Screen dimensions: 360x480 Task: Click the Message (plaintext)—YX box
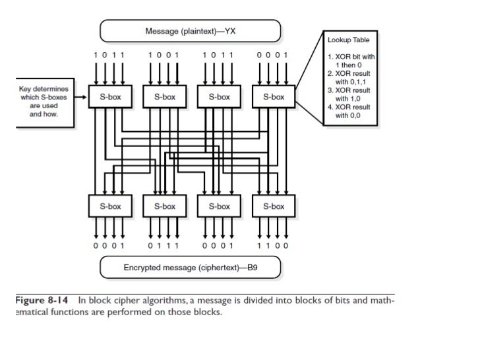tap(191, 31)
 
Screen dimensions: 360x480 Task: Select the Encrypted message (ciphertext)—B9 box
tap(191, 268)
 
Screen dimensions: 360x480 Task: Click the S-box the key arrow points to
tap(110, 97)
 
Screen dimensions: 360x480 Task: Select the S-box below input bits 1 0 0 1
tap(164, 97)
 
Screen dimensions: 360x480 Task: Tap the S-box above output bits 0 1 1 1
tap(164, 206)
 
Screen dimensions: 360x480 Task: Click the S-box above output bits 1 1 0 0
tap(273, 206)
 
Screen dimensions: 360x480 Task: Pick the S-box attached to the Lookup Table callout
tap(273, 97)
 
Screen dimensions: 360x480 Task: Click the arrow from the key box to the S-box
tap(81, 97)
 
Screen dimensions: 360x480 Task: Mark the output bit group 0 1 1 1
tap(164, 246)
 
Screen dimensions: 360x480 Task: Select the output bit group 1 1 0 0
tap(273, 246)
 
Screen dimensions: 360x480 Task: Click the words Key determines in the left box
tap(45, 88)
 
